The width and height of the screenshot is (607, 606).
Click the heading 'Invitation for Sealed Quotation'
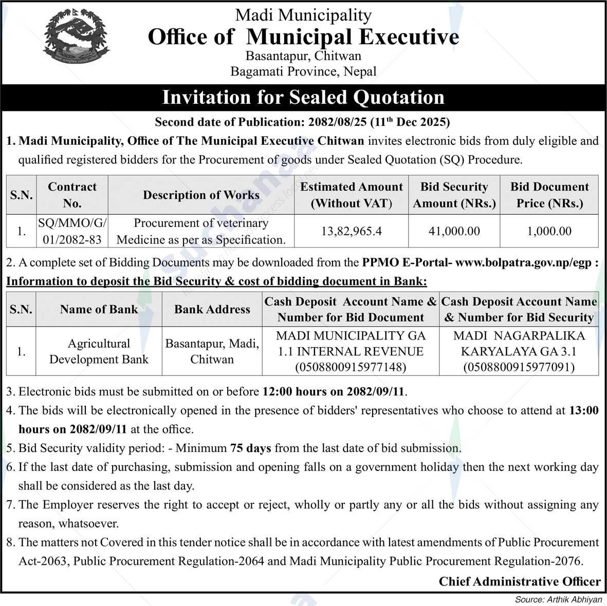coord(303,97)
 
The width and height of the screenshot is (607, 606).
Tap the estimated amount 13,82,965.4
coord(351,231)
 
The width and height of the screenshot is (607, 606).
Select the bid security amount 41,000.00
coord(454,231)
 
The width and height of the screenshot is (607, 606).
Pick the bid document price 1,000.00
coord(549,231)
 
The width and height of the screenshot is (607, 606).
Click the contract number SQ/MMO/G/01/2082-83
coord(72,231)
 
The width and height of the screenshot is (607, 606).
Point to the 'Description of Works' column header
coord(201,195)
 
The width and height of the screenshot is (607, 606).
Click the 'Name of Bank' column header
coord(99,309)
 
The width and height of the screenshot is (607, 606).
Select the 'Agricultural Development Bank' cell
coord(99,351)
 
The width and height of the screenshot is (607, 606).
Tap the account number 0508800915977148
coord(351,367)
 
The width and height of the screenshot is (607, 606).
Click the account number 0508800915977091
coord(519,367)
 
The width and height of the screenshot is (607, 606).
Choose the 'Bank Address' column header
coord(212,309)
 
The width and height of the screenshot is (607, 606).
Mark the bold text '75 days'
coord(250,448)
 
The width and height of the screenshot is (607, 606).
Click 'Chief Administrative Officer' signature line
coord(519,581)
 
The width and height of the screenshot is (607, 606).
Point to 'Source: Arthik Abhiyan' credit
coord(558,599)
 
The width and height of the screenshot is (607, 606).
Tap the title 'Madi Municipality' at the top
coord(303,15)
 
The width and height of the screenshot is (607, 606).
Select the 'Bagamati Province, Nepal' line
coord(303,71)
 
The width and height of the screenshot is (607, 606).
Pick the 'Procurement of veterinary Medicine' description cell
coord(201,231)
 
